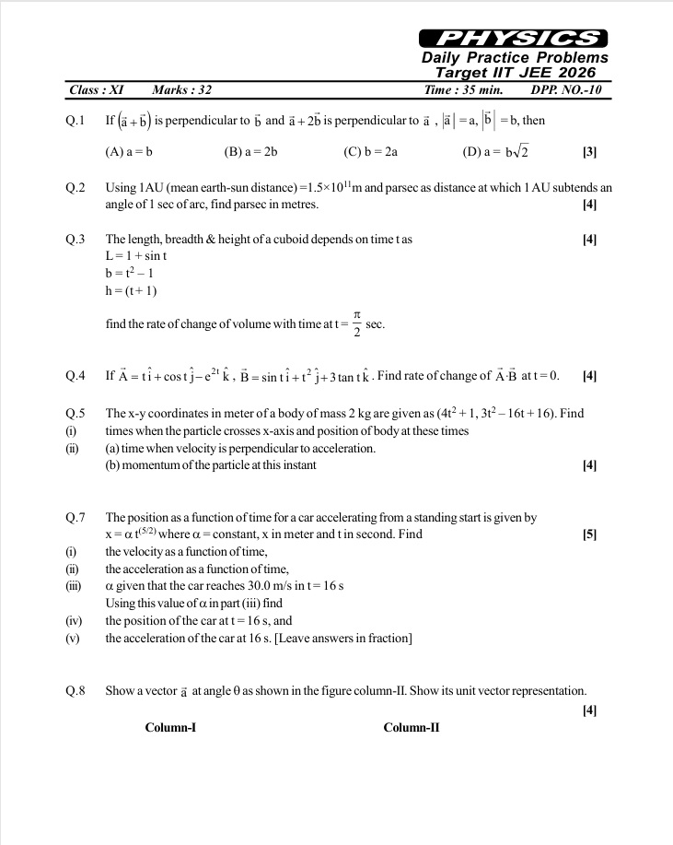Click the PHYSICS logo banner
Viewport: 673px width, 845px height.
click(x=513, y=38)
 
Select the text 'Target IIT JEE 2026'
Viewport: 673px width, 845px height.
click(x=515, y=73)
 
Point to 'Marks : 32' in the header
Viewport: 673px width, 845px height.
click(x=182, y=90)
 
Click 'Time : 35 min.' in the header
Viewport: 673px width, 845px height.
click(x=463, y=90)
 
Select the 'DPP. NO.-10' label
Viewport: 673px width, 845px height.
click(x=566, y=90)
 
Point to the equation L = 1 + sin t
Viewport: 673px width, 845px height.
click(x=136, y=256)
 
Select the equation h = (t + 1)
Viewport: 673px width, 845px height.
click(x=132, y=291)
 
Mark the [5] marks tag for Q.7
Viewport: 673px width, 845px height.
click(x=590, y=534)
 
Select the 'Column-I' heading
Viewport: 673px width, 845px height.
click(x=170, y=728)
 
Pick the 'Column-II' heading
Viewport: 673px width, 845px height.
click(x=411, y=728)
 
